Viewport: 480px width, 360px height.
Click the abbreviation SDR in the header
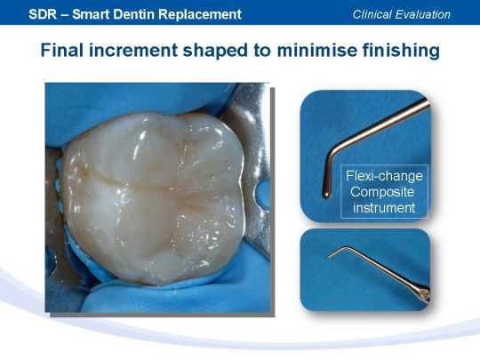[x=43, y=14]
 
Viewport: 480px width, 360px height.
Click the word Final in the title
[x=62, y=50]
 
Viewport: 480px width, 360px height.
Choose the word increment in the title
[x=133, y=51]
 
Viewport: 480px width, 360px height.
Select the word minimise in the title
[x=316, y=50]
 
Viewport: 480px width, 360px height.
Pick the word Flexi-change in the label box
[x=384, y=176]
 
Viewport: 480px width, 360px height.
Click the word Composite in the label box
[x=382, y=193]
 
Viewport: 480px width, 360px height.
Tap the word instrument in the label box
[x=384, y=208]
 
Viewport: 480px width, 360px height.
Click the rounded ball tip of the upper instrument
[x=326, y=195]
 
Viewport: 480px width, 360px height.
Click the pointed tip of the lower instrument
[x=328, y=259]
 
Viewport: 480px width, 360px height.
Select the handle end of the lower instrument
[x=426, y=294]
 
